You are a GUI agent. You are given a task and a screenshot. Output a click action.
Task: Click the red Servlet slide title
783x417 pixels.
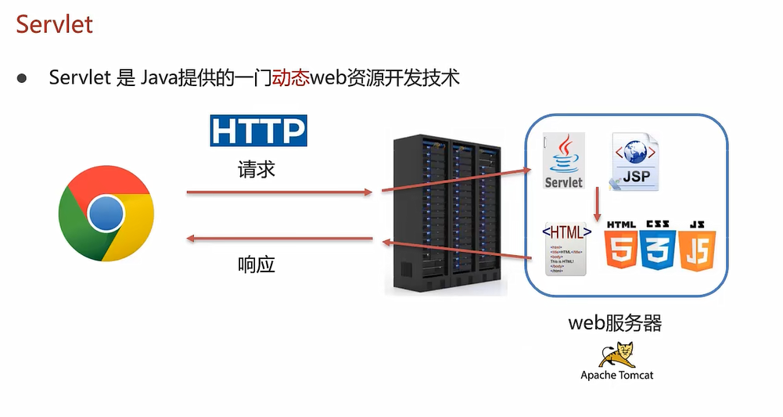tap(54, 23)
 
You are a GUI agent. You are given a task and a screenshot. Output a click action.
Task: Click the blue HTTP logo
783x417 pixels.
tap(258, 131)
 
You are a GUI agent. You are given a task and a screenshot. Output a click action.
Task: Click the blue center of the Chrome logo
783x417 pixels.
tap(106, 213)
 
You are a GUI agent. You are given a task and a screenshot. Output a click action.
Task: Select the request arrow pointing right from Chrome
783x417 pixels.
tap(277, 191)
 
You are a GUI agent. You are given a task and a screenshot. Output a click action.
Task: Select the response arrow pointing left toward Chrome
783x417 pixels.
tap(277, 239)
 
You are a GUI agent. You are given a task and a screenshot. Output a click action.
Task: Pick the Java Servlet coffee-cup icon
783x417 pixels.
tap(564, 160)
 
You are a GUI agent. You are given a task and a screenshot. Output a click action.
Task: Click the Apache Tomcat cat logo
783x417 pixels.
tap(617, 354)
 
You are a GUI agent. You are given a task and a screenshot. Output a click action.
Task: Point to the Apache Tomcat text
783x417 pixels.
tap(616, 376)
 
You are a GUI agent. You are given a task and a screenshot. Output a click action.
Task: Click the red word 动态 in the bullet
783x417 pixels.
tap(291, 77)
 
